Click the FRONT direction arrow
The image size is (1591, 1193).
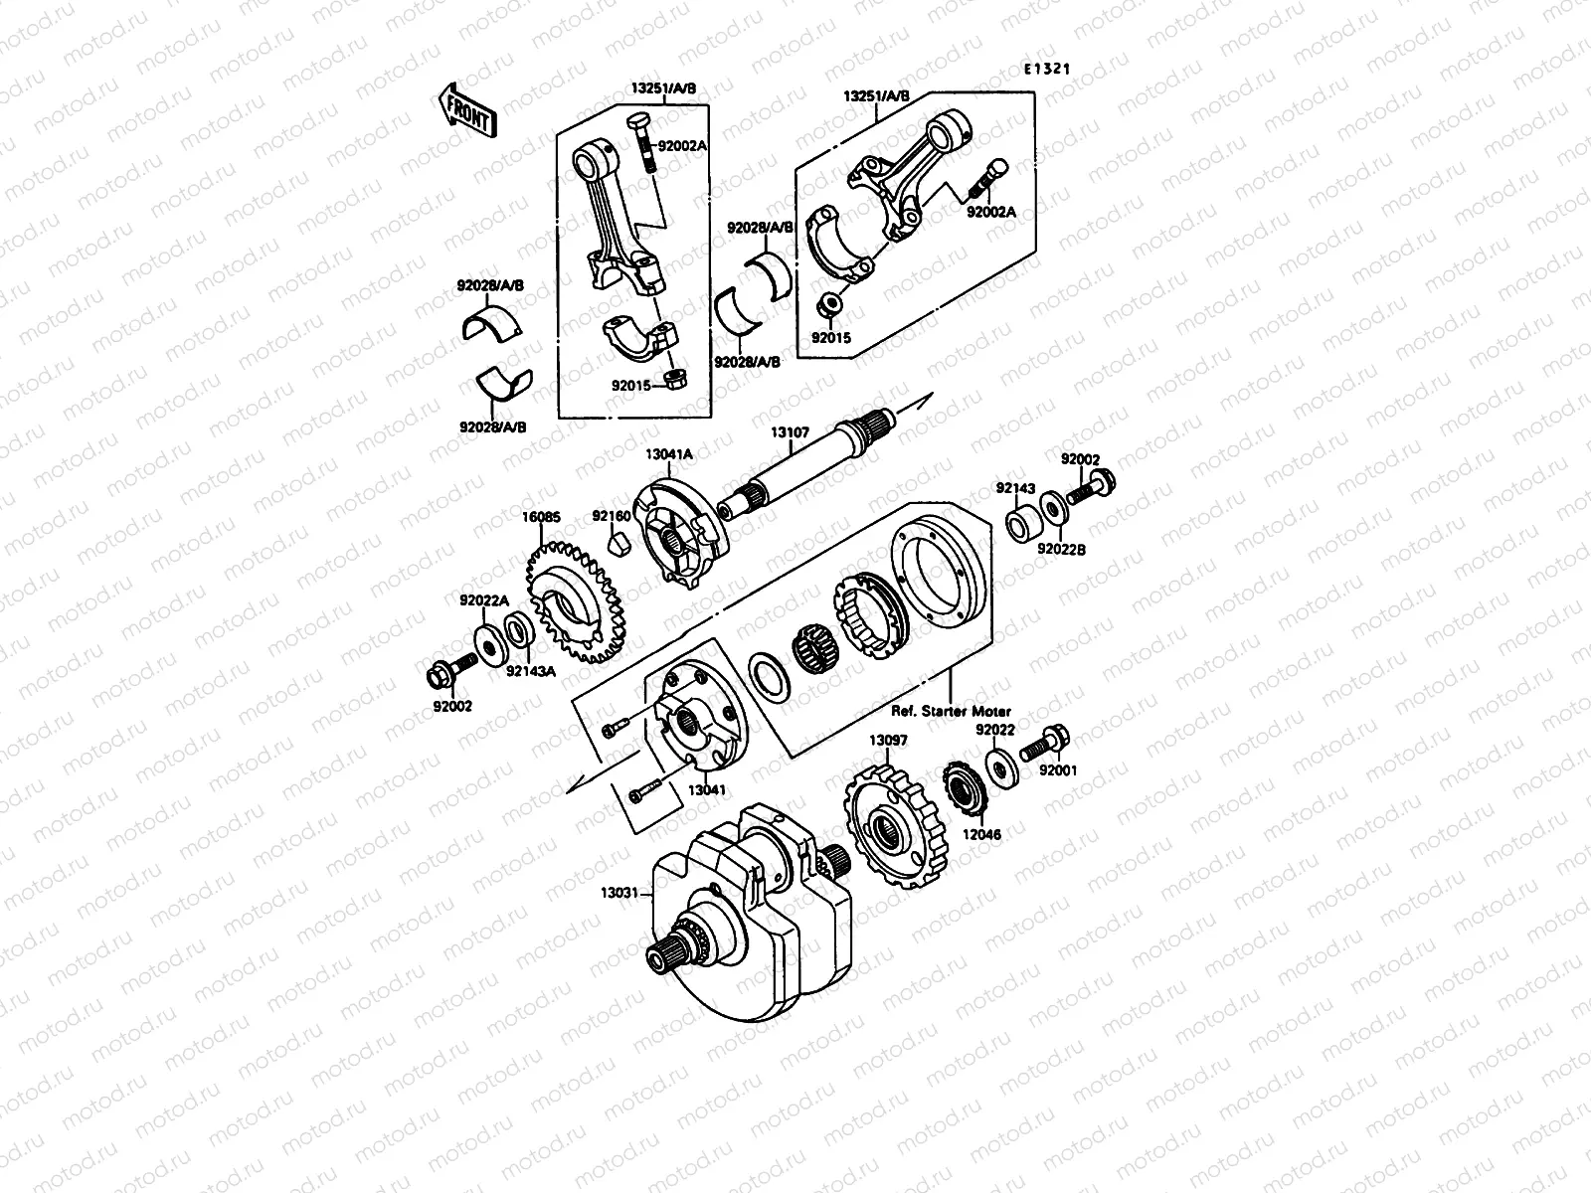point(464,108)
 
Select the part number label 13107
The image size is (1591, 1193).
point(791,433)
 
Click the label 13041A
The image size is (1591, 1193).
point(668,453)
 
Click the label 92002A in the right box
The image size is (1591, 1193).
point(990,212)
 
